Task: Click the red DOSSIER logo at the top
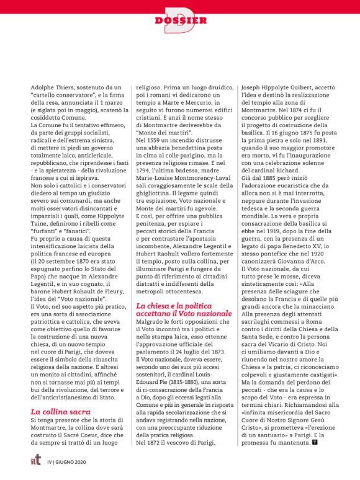point(180,20)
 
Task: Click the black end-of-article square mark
point(315,442)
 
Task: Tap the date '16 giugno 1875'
point(298,132)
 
